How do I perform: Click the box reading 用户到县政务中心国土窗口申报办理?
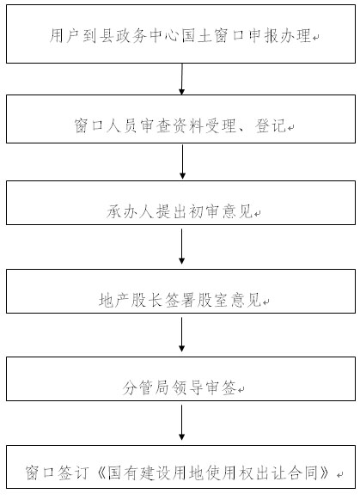tap(180, 34)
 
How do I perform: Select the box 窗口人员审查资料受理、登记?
tap(180, 119)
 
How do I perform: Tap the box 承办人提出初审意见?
tap(180, 203)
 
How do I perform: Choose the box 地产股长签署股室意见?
tap(180, 291)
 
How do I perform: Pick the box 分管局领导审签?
tap(180, 379)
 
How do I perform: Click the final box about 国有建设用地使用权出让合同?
tap(180, 466)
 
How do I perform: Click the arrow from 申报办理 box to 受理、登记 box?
tap(182, 79)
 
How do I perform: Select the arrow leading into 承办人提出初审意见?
tap(182, 162)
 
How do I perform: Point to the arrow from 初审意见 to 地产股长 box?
tap(182, 247)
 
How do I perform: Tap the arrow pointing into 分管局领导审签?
tap(182, 334)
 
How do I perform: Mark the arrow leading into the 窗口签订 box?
tap(182, 423)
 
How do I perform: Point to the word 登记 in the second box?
tap(271, 125)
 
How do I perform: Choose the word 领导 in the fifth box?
tap(187, 387)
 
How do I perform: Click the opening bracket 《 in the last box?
tap(101, 473)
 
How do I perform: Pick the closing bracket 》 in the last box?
tap(325, 473)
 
